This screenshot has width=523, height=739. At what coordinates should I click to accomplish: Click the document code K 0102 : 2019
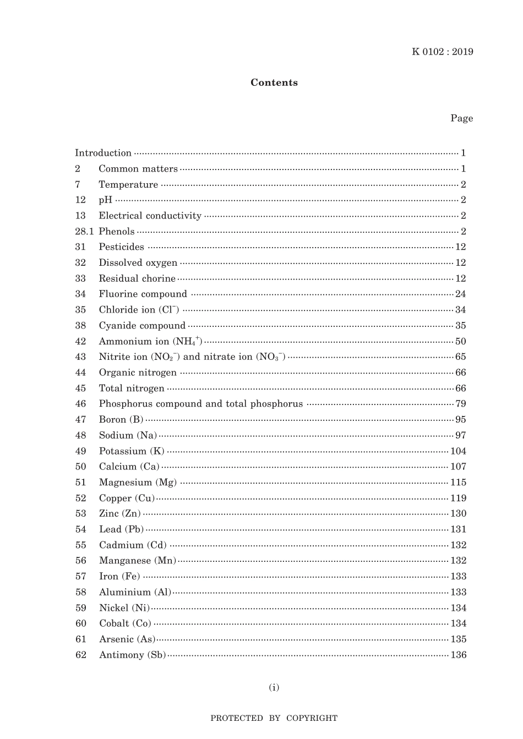click(x=442, y=52)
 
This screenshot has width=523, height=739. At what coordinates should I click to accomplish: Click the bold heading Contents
click(x=274, y=83)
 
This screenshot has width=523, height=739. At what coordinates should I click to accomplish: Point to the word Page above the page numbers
click(x=461, y=118)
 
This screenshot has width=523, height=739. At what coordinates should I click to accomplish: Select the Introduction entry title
click(x=103, y=153)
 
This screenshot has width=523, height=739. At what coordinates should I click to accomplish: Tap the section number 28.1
click(x=84, y=231)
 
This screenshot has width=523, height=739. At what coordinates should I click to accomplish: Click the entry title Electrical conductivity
click(x=150, y=216)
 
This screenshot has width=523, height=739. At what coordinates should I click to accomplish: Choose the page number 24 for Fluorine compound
click(x=460, y=294)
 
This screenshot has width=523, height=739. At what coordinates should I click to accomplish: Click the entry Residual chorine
click(x=137, y=278)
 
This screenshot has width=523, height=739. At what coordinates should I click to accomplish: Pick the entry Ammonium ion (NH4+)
click(x=150, y=341)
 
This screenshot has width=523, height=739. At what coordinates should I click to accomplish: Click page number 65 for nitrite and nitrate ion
click(x=460, y=357)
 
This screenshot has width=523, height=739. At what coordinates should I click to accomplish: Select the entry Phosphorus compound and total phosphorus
click(x=200, y=404)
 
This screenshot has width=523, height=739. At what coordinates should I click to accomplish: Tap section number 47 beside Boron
click(x=81, y=419)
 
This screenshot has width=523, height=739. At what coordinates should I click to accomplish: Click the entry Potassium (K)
click(x=132, y=451)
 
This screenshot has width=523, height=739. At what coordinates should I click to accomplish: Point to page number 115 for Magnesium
click(x=458, y=483)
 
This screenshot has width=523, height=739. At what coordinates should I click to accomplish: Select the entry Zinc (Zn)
click(x=119, y=513)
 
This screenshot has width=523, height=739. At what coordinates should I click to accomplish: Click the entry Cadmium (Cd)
click(x=132, y=545)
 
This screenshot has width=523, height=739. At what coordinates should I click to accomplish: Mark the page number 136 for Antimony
click(x=458, y=655)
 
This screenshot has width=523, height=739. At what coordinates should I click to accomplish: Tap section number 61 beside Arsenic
click(x=81, y=639)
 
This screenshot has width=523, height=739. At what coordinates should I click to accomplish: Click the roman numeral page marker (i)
click(x=274, y=687)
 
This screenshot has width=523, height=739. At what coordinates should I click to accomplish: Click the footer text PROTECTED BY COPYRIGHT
click(x=274, y=718)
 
